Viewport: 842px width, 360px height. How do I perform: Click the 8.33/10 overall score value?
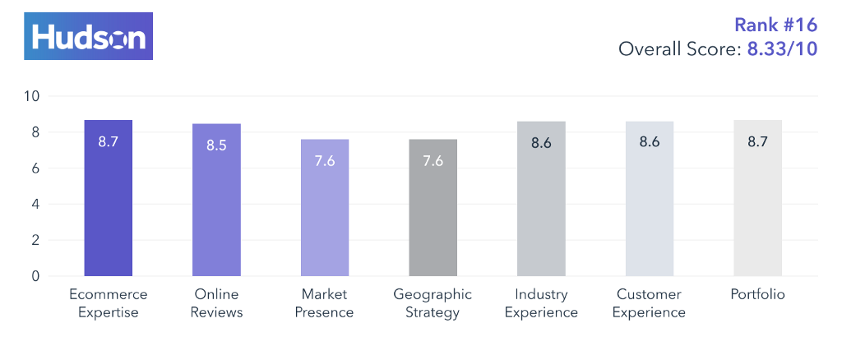pos(782,49)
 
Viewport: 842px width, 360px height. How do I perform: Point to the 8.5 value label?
pos(216,145)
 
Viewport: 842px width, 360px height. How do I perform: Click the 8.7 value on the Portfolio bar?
pos(757,142)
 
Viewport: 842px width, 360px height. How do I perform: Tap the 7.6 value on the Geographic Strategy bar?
pos(433,161)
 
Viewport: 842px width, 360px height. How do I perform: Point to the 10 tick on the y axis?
pos(32,96)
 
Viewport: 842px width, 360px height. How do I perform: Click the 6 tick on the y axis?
pos(35,168)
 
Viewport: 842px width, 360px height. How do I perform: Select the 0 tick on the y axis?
pos(35,277)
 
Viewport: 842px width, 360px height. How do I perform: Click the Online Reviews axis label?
pos(216,303)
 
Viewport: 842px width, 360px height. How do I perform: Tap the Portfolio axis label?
pos(757,294)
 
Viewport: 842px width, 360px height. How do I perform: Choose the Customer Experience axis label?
pos(650,303)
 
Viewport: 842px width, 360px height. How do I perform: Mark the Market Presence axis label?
pos(325,303)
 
